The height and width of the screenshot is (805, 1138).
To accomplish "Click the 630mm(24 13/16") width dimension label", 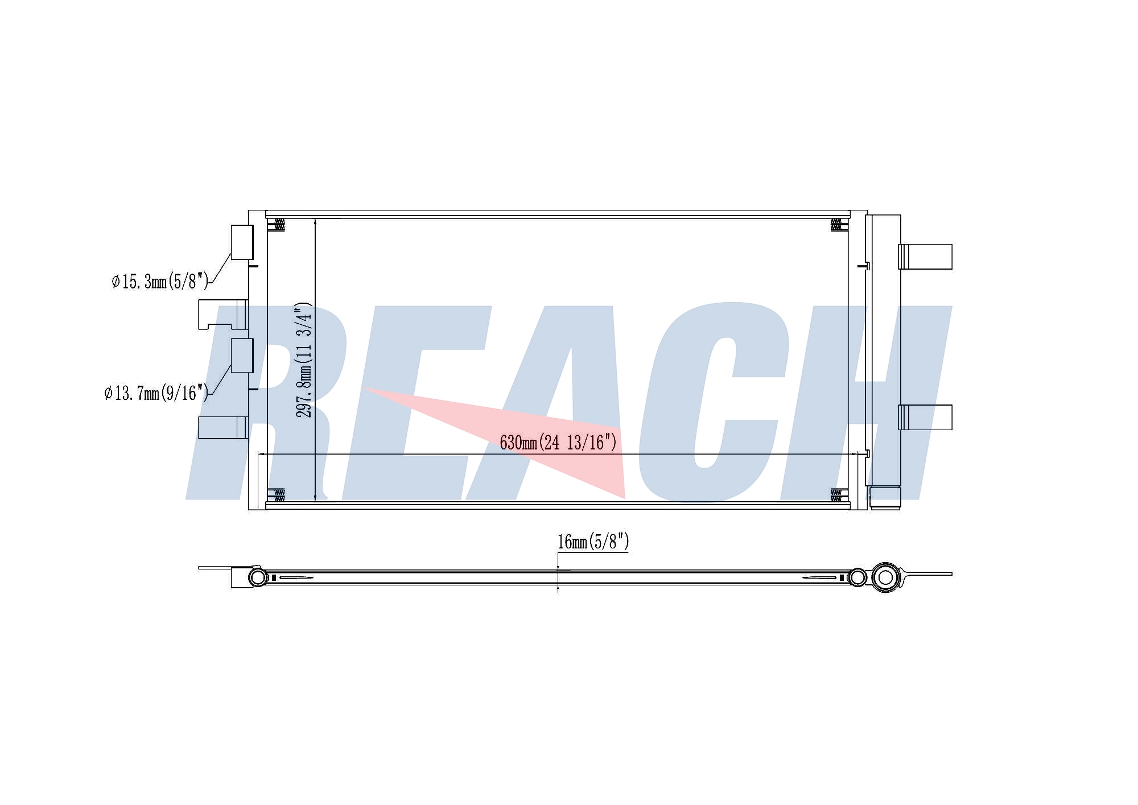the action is [x=558, y=442].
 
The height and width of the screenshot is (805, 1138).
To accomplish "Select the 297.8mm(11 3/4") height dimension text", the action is [x=304, y=360].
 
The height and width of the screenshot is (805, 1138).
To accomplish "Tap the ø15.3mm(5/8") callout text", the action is [x=160, y=281].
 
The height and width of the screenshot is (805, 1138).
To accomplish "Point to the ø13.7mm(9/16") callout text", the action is [x=156, y=393].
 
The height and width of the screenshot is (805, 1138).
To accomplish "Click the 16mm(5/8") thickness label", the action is [x=593, y=542].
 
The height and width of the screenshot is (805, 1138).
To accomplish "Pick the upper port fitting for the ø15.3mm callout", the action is [x=242, y=242].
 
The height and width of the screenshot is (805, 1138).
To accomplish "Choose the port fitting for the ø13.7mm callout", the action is [x=242, y=356].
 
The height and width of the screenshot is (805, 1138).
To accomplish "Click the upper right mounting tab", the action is [x=925, y=257].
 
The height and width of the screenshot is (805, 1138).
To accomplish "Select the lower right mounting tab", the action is [x=925, y=417].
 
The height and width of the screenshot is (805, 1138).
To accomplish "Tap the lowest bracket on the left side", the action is [x=223, y=428].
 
